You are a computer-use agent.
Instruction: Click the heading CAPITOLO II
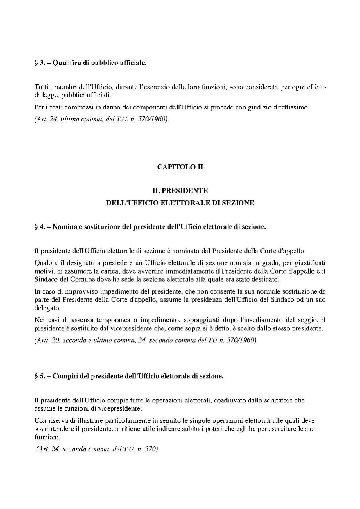[180, 167]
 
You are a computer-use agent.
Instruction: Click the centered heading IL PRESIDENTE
[180, 191]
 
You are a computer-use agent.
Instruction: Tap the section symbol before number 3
[36, 63]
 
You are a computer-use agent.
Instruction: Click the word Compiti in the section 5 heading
[64, 376]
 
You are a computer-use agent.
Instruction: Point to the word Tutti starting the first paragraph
[40, 87]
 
